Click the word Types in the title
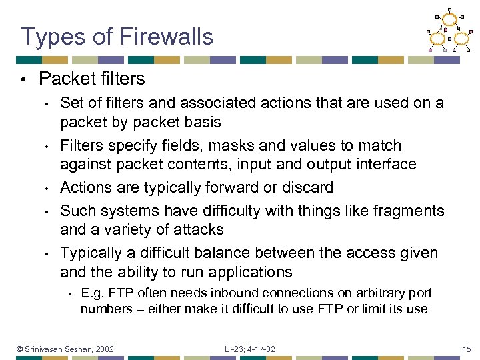coord(49,37)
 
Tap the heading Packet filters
coord(92,79)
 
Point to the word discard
coord(309,188)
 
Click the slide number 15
coord(467,349)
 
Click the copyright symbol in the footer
coord(20,349)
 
